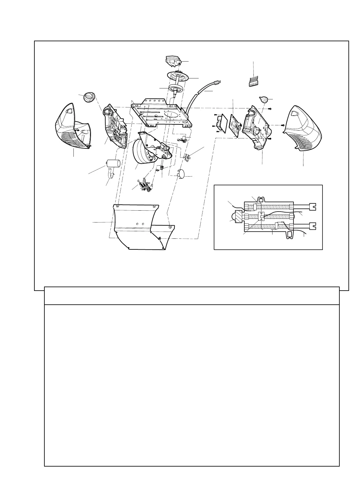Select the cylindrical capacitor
click(113, 163)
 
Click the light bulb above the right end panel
click(264, 100)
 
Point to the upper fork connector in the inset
click(312, 207)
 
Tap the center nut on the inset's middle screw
click(262, 216)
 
